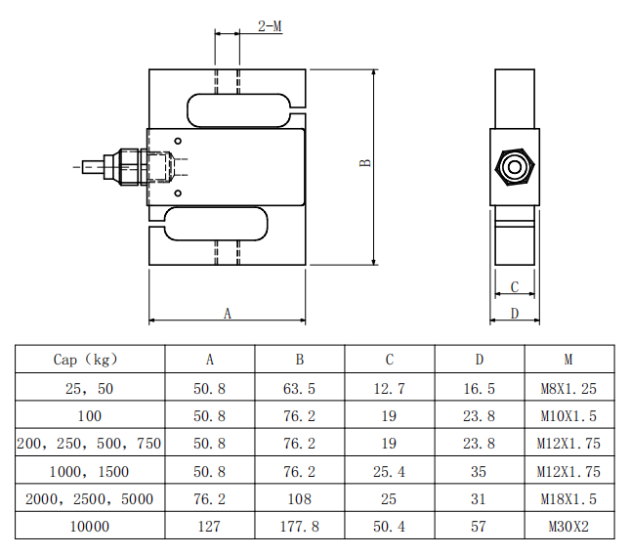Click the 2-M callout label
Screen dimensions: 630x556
(x=270, y=26)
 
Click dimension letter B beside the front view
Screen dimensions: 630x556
(x=365, y=163)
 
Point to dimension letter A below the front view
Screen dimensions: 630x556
(x=228, y=313)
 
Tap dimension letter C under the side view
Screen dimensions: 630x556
(x=515, y=287)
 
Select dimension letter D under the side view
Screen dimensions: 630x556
(x=515, y=313)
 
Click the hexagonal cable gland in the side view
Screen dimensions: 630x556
(x=515, y=167)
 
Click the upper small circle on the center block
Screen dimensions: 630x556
(x=178, y=141)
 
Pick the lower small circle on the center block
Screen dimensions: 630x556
(x=178, y=193)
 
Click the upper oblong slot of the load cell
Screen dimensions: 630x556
(x=188, y=110)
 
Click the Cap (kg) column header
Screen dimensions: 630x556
(x=86, y=359)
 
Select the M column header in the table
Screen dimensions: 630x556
(x=568, y=359)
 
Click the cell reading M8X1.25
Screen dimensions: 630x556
(x=568, y=388)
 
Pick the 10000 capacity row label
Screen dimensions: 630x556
(x=90, y=527)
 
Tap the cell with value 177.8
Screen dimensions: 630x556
(x=300, y=527)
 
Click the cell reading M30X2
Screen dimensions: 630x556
(x=568, y=527)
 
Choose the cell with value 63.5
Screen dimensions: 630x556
(x=299, y=388)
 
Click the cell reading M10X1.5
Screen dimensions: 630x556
(x=568, y=415)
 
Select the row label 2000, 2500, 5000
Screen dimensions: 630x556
(x=89, y=499)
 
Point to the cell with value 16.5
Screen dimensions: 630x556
(x=479, y=388)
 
